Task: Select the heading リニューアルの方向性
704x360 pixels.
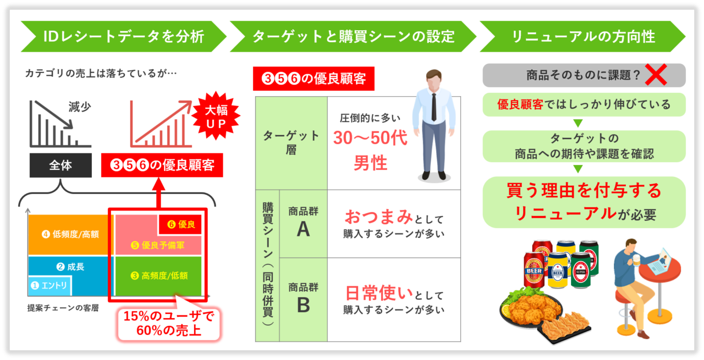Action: point(583,37)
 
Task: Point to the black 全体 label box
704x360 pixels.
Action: point(60,165)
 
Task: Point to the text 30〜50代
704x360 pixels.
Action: point(370,138)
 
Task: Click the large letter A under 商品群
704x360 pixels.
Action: point(303,229)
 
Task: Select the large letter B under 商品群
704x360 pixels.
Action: point(303,304)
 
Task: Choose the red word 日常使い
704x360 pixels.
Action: point(378,292)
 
